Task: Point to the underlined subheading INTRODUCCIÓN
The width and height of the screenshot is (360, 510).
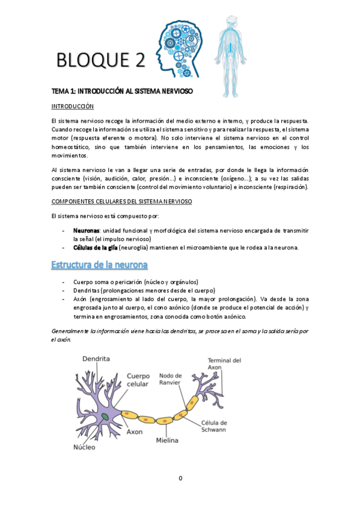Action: (73, 106)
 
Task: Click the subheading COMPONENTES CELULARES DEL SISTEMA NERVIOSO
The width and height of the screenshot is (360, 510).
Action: (122, 201)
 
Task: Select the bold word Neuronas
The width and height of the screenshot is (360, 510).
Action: (86, 230)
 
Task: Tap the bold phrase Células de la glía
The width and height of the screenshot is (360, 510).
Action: (95, 248)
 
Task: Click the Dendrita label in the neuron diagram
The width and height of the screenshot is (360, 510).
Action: (96, 358)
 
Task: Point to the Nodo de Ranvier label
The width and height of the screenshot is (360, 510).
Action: (171, 380)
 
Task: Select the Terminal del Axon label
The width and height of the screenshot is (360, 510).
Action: (224, 364)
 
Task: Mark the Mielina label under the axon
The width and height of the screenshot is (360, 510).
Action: (168, 441)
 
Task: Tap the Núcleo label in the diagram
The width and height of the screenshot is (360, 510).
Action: (85, 447)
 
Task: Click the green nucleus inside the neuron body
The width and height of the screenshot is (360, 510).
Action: (105, 416)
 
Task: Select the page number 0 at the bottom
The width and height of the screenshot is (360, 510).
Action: (180, 478)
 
